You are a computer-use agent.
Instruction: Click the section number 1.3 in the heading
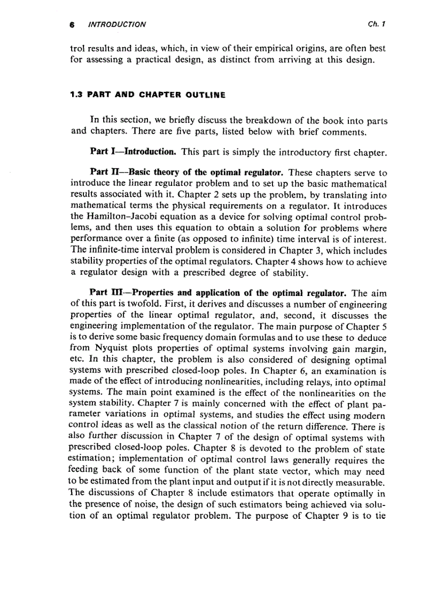click(76, 95)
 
